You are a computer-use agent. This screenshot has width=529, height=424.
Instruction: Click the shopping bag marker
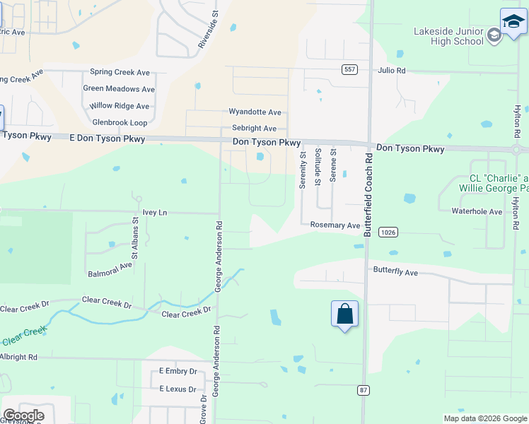coord(344,314)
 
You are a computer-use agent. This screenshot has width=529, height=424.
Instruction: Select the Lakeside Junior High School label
coord(449,36)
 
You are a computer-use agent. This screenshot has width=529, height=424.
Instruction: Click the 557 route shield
coord(349,69)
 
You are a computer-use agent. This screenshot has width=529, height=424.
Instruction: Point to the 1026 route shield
coord(387,232)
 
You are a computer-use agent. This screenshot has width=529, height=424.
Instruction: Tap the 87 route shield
coord(364,389)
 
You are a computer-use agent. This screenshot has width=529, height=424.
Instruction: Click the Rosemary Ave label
coord(335,225)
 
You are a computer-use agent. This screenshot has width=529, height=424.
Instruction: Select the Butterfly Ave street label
coord(395,272)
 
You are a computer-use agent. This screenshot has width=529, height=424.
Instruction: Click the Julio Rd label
coord(392,71)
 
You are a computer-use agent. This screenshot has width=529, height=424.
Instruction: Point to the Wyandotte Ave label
coord(255,112)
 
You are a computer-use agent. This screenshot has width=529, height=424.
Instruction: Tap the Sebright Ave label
coord(254,129)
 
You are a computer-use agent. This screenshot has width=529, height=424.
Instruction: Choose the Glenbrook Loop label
coord(120,122)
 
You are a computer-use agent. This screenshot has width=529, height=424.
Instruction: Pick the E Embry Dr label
coord(178,371)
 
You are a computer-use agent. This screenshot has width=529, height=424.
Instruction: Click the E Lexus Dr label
coord(178,389)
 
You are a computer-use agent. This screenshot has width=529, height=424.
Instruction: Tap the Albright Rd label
coord(18,358)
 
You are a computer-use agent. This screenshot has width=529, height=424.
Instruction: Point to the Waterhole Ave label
coord(477,211)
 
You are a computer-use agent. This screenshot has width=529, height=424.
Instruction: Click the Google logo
coord(23,416)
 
